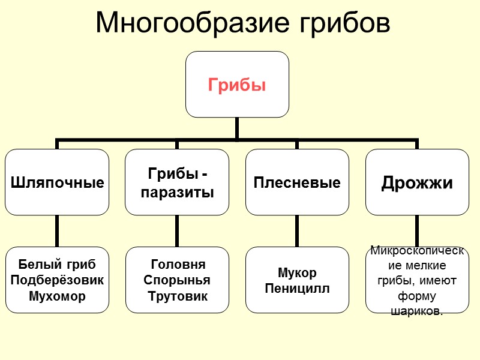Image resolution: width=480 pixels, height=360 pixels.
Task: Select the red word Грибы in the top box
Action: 237,85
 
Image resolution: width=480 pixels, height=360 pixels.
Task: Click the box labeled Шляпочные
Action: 57,182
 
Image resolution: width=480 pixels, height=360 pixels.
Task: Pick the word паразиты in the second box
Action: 177,193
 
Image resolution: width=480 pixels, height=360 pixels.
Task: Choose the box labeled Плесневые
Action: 297,182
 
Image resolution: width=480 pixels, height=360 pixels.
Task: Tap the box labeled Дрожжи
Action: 417,182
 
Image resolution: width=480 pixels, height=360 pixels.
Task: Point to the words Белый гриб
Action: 57,265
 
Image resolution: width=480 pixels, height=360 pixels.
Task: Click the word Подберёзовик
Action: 57,280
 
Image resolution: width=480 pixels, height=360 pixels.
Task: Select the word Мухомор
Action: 57,296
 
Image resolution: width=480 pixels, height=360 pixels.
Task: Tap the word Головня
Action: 177,265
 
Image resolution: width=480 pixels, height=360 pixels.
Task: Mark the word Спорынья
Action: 177,280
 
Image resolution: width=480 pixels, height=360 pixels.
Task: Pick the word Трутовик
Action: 177,296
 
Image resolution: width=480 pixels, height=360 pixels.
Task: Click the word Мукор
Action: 297,273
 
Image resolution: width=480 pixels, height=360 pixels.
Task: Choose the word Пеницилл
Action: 297,289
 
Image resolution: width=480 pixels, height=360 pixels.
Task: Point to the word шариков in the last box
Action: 417,311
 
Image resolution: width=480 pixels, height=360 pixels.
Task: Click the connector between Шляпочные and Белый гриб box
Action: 57,230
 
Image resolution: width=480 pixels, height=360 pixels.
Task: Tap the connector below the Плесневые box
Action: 297,230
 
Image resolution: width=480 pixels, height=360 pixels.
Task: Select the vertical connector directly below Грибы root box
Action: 237,128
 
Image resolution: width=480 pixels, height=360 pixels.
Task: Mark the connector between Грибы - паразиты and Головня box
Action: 177,230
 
